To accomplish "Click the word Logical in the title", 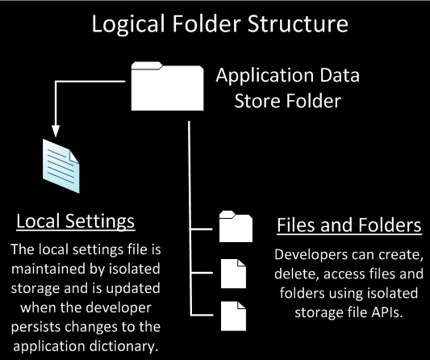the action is click(x=128, y=24).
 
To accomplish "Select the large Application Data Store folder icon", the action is click(x=167, y=86).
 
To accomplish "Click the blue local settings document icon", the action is click(x=61, y=166).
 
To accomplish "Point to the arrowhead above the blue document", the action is click(x=56, y=131).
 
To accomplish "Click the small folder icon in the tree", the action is click(x=236, y=226).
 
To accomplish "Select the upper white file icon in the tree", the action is click(x=233, y=274).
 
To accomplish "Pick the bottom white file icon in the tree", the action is click(x=233, y=316).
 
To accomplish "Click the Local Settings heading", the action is click(x=75, y=221).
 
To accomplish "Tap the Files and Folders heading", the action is click(x=349, y=225).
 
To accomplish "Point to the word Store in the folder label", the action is click(x=257, y=101).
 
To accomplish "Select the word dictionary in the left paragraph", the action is click(x=123, y=346).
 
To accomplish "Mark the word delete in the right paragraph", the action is click(x=297, y=274).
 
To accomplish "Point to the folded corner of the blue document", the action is click(x=74, y=157).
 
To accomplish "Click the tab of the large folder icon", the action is click(x=147, y=65).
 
